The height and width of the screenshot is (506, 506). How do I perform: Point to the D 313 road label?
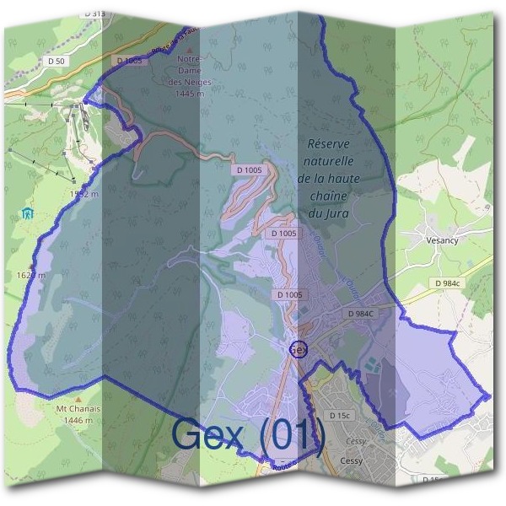(x=94, y=14)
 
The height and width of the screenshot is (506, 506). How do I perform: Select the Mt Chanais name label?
(x=74, y=409)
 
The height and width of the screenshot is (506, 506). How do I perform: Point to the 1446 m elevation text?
(x=74, y=420)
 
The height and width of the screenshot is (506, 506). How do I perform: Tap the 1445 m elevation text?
(x=190, y=93)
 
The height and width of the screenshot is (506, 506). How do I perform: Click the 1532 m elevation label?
(x=84, y=194)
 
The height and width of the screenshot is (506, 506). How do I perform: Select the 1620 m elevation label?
(x=30, y=275)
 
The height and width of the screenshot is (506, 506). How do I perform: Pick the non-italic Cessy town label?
(x=351, y=460)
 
